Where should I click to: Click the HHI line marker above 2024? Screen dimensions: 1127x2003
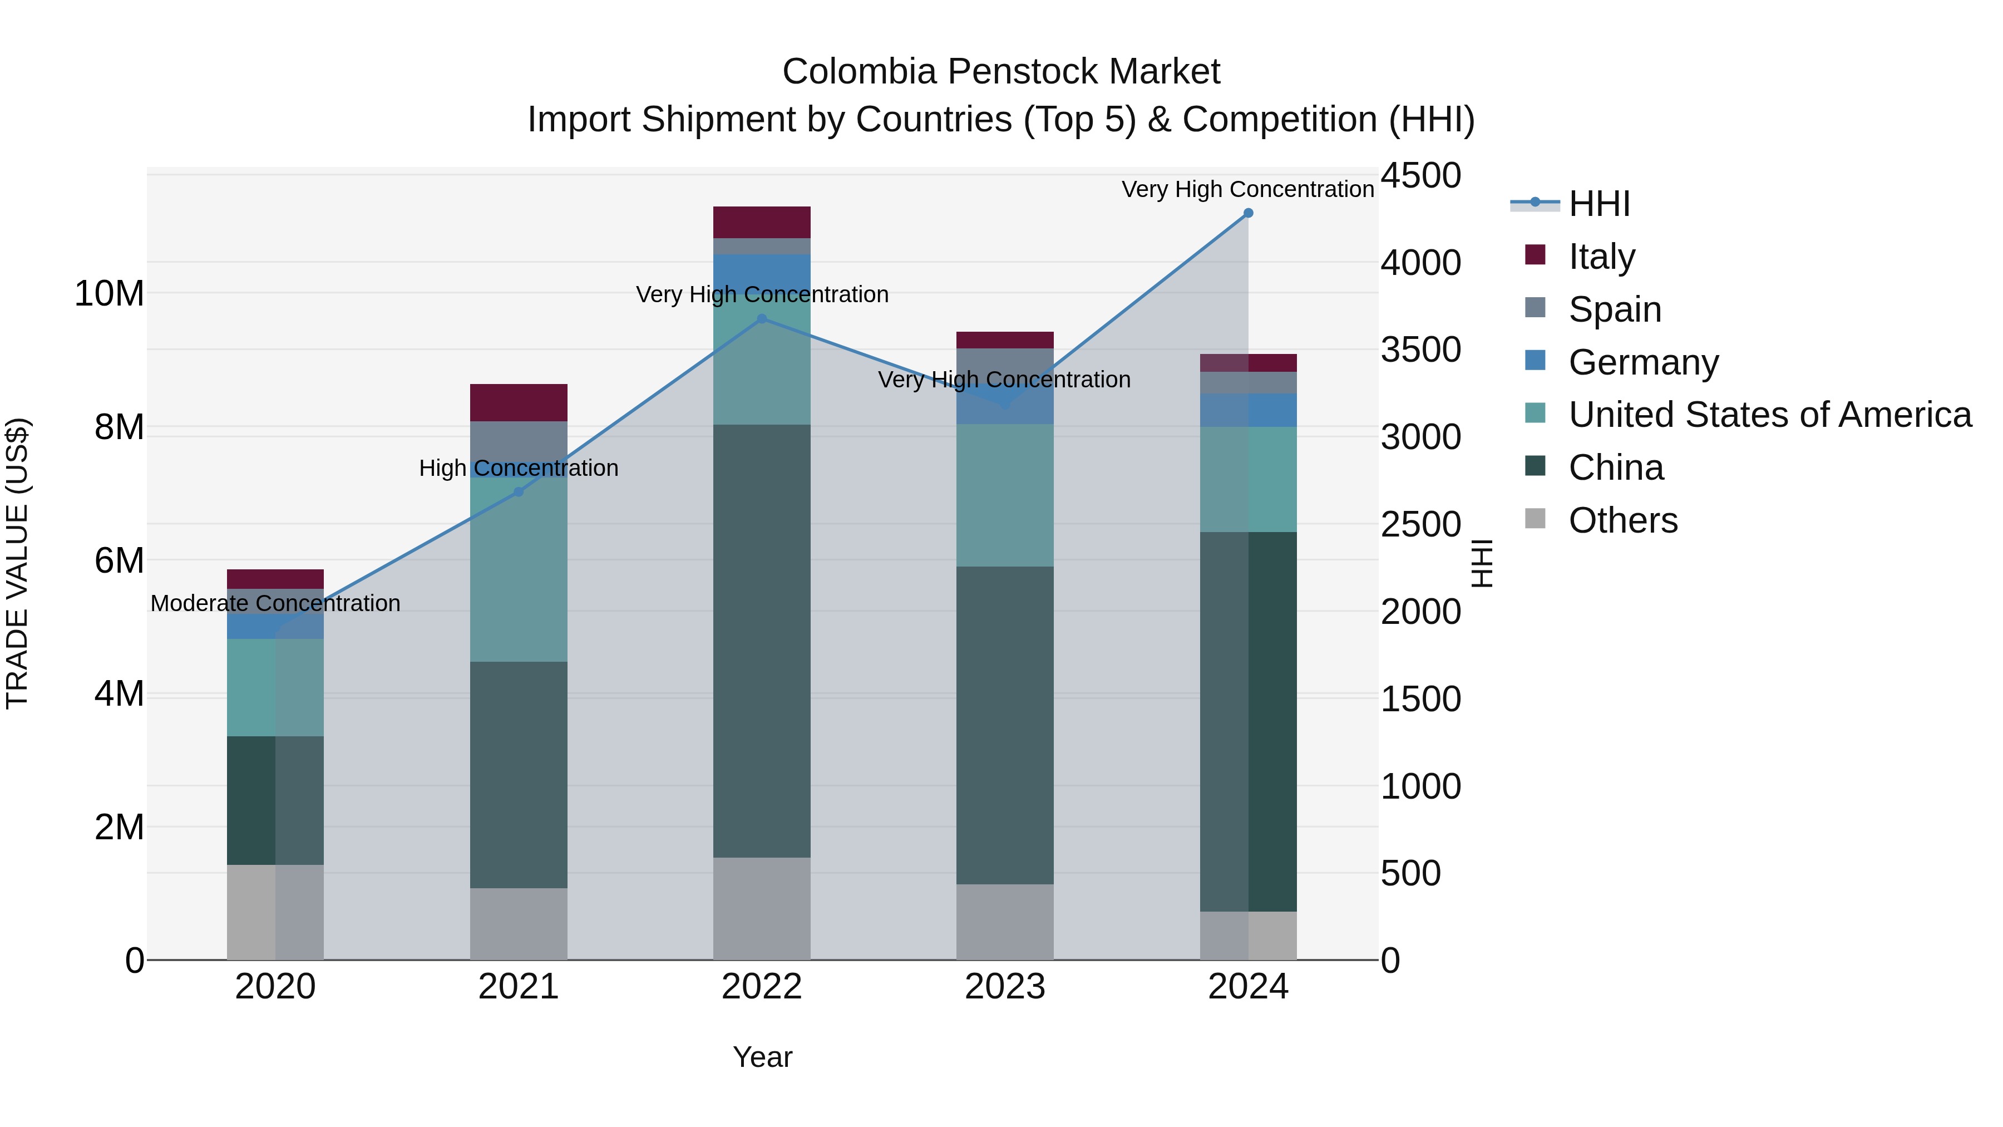(1248, 213)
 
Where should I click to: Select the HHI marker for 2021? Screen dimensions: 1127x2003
(519, 491)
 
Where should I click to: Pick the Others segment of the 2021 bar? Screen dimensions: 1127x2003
(519, 924)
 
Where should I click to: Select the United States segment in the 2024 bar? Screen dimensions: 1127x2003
(1248, 479)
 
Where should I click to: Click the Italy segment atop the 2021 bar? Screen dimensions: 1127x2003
(519, 402)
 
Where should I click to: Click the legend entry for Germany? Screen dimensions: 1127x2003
(1642, 362)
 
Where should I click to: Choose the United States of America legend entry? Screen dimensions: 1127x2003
(1769, 415)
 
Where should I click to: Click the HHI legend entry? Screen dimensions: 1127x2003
(1598, 204)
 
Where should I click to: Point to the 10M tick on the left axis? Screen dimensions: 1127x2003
(109, 294)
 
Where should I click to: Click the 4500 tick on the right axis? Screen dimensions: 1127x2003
(1420, 176)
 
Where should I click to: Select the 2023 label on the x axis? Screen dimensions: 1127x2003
(1005, 987)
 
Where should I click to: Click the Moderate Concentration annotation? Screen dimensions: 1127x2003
(275, 603)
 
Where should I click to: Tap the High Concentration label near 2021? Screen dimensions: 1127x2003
(519, 468)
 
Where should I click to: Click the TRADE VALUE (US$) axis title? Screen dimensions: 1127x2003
(17, 563)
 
